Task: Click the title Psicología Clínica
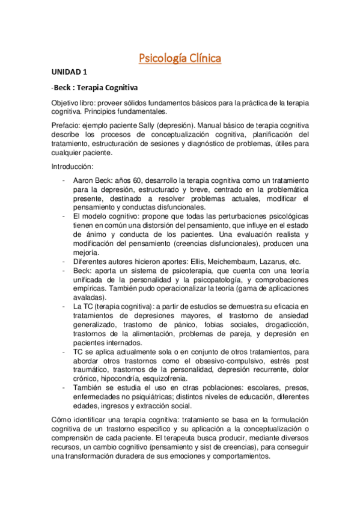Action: click(x=180, y=58)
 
